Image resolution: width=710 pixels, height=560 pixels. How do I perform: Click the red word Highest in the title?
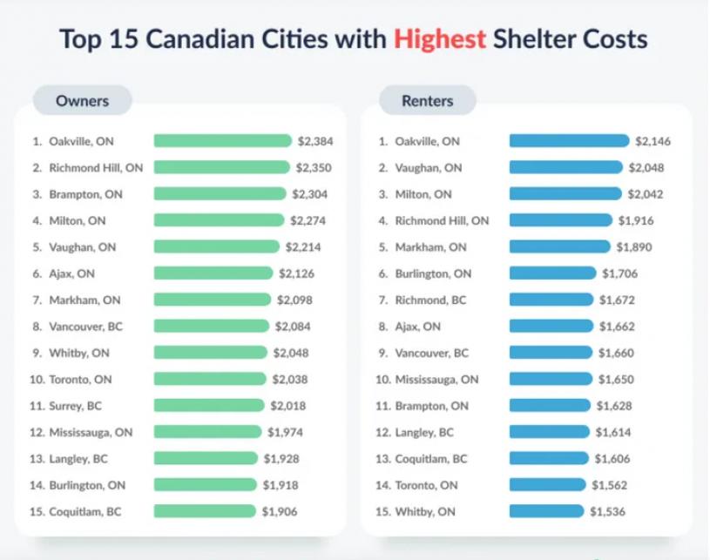[439, 39]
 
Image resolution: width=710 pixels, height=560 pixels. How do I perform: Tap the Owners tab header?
[82, 100]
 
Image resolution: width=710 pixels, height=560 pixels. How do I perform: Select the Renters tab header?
[427, 100]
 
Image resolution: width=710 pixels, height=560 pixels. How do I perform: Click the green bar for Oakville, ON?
[222, 141]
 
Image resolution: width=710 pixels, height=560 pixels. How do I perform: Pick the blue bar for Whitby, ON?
[546, 511]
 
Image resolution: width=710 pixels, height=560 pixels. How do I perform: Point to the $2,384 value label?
[315, 141]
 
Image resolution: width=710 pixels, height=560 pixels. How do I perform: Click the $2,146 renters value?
[653, 141]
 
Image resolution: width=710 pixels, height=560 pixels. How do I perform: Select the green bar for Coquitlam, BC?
[205, 511]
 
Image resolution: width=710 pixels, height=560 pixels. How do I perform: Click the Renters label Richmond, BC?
[431, 300]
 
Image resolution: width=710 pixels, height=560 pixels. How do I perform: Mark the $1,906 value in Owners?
[279, 511]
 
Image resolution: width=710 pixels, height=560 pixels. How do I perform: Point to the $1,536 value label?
[607, 511]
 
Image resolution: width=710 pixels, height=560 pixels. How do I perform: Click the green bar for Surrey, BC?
[209, 405]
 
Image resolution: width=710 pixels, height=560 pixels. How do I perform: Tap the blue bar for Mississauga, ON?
[551, 379]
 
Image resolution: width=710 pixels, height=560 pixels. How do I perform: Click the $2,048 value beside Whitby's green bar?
[291, 353]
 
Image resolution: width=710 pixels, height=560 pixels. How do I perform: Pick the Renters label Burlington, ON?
[433, 273]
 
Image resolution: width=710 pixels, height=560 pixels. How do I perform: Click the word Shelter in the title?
[533, 39]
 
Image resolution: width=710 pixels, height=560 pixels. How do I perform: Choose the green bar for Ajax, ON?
[213, 273]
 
